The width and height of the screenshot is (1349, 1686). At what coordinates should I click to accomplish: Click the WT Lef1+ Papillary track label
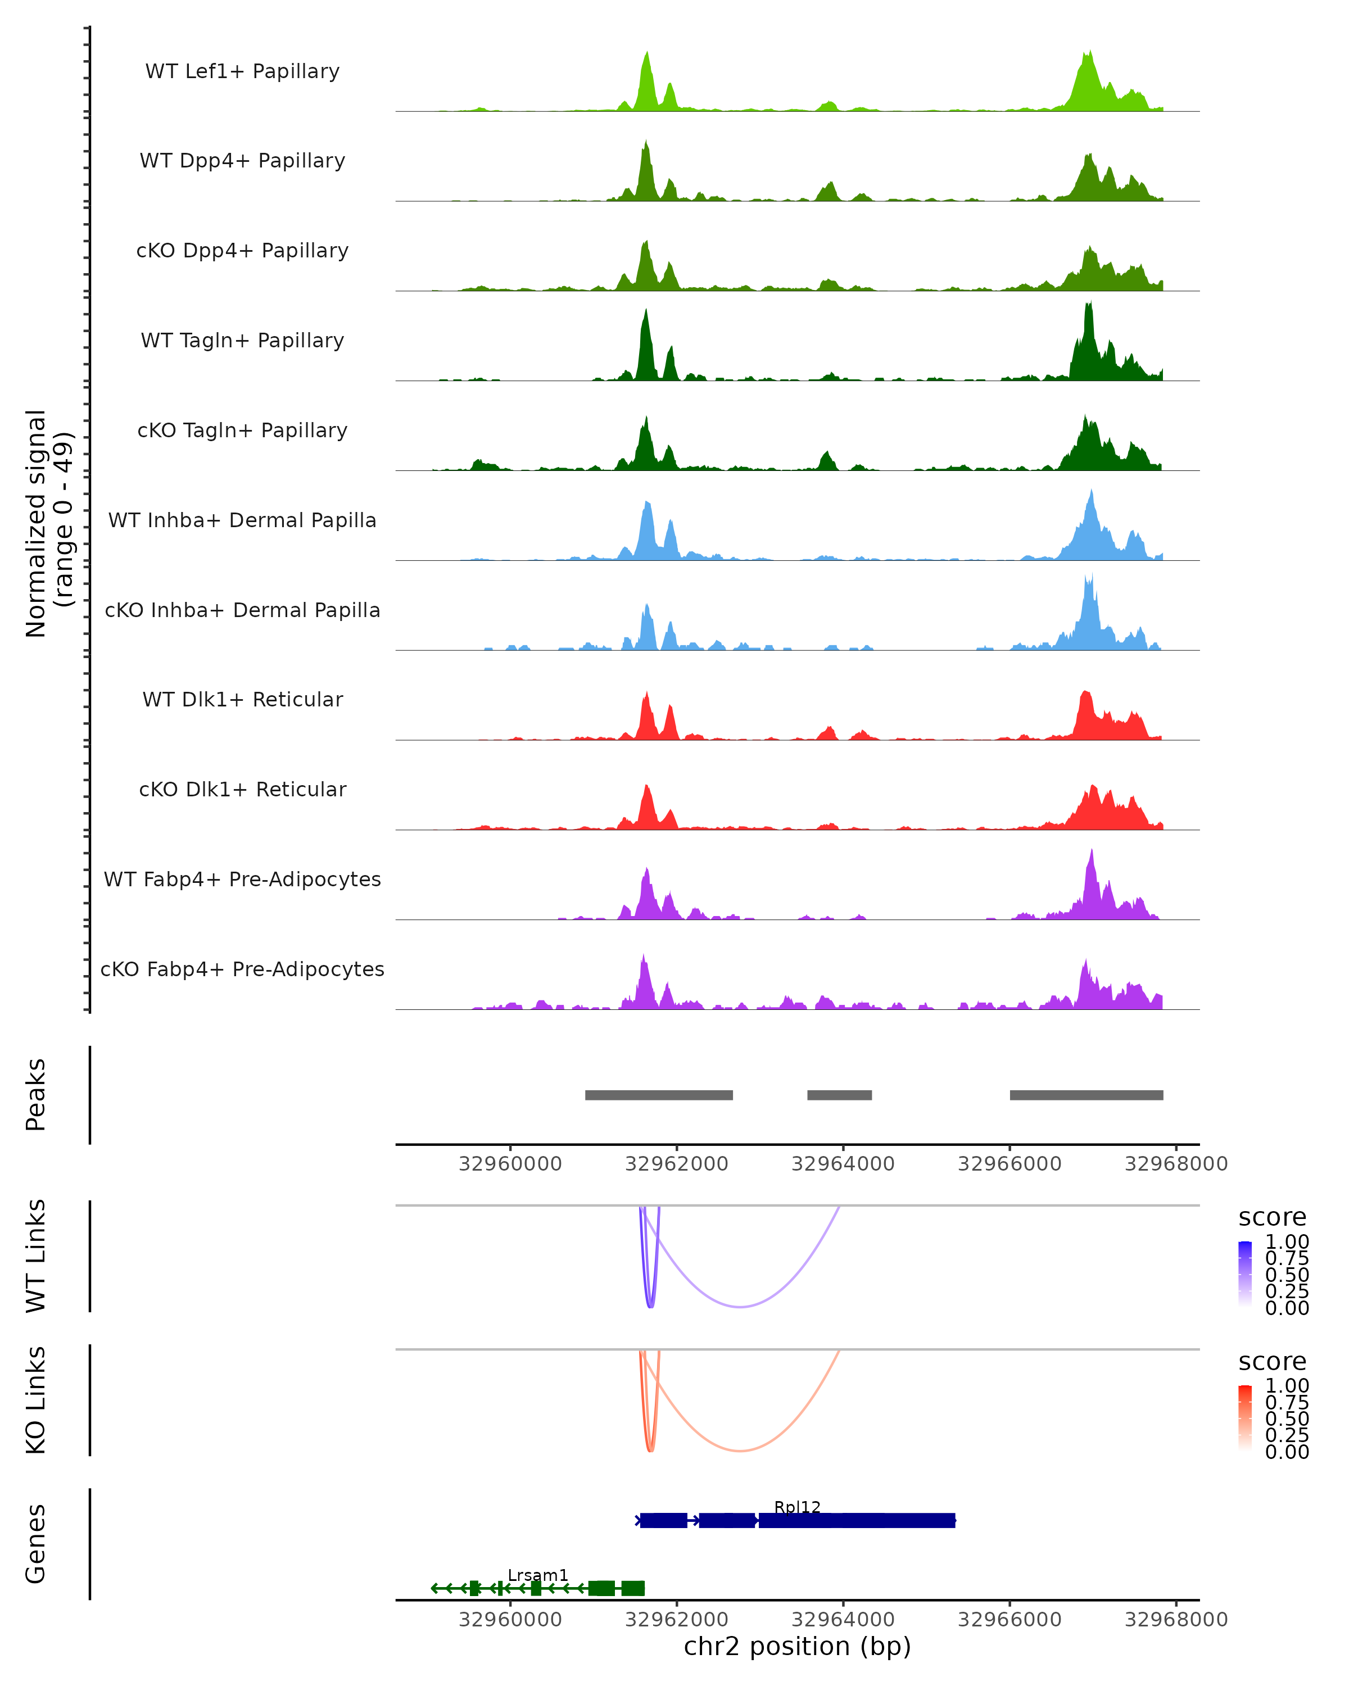pyautogui.click(x=242, y=71)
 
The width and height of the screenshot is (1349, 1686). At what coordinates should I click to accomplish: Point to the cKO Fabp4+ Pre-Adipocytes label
pyautogui.click(x=242, y=969)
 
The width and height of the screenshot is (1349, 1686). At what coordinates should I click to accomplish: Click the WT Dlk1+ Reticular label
pyautogui.click(x=242, y=699)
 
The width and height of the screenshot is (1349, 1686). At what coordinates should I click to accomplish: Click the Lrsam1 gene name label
pyautogui.click(x=538, y=1575)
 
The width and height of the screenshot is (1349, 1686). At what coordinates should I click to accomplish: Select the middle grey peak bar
pyautogui.click(x=839, y=1095)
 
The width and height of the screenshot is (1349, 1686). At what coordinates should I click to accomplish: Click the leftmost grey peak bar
pyautogui.click(x=658, y=1095)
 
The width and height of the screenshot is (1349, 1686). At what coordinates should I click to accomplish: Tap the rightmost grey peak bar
pyautogui.click(x=1087, y=1095)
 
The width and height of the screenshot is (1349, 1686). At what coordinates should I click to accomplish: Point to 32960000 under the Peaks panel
pyautogui.click(x=510, y=1164)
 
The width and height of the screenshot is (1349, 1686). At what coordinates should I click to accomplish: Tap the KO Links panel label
pyautogui.click(x=36, y=1400)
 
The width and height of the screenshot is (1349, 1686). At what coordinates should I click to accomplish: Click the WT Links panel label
pyautogui.click(x=36, y=1256)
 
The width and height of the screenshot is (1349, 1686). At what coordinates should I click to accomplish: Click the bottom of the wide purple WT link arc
pyautogui.click(x=740, y=1307)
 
